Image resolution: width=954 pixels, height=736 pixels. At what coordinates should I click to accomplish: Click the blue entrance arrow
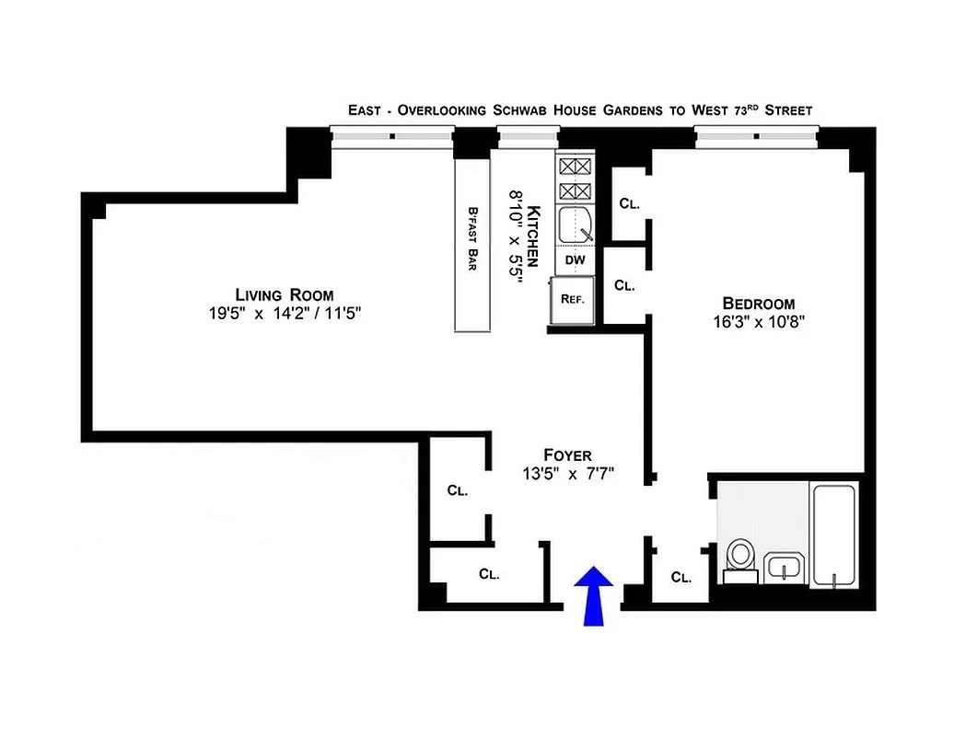click(594, 595)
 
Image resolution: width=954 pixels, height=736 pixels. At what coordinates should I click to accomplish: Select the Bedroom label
click(758, 303)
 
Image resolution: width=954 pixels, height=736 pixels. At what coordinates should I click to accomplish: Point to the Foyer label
click(567, 454)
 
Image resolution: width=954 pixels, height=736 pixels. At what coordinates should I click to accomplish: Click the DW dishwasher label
click(576, 260)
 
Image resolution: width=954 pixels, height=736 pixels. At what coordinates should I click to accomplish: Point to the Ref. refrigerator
click(574, 299)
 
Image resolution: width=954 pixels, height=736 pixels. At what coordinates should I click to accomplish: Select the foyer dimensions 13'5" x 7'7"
click(567, 474)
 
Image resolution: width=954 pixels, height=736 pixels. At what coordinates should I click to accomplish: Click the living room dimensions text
click(284, 314)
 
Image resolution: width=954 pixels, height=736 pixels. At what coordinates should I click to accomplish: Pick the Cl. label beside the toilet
click(681, 578)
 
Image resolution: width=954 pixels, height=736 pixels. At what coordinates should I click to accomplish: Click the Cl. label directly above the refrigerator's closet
click(630, 203)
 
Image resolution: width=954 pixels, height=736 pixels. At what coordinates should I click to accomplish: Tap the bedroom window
click(756, 137)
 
